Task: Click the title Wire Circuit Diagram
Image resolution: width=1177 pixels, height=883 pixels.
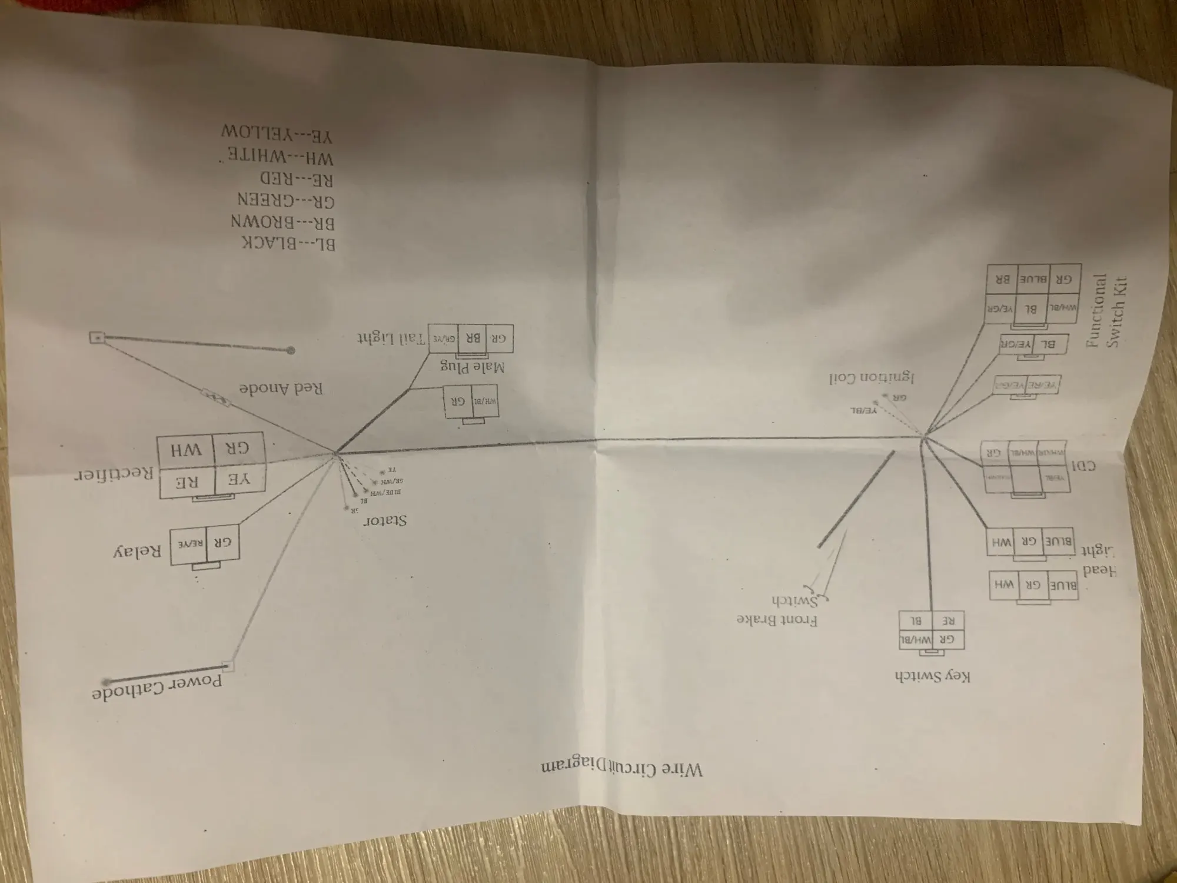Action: pyautogui.click(x=621, y=768)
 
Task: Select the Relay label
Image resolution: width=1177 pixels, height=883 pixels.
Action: pyautogui.click(x=137, y=552)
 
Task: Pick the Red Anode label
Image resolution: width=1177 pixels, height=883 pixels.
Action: pyautogui.click(x=281, y=389)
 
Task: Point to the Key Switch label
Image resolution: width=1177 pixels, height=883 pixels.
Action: pyautogui.click(x=932, y=676)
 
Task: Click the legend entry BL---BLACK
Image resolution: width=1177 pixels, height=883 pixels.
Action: pyautogui.click(x=288, y=243)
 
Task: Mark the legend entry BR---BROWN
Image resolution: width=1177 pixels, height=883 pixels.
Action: pyautogui.click(x=282, y=223)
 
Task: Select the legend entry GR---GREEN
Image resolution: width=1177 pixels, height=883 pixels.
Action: pyautogui.click(x=286, y=200)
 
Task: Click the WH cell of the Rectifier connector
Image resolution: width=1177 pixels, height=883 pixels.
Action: pyautogui.click(x=187, y=450)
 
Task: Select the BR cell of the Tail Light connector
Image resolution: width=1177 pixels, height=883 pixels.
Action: pyautogui.click(x=473, y=338)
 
